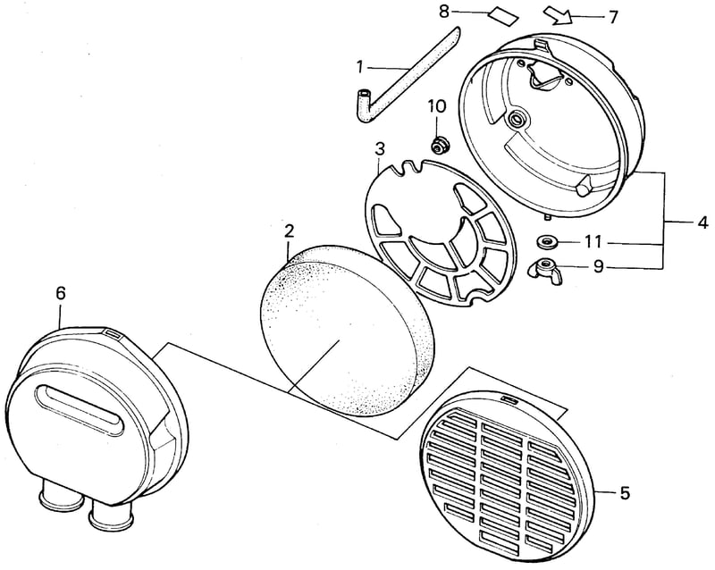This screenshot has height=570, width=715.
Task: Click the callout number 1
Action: click(360, 68)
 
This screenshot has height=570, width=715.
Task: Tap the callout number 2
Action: click(289, 231)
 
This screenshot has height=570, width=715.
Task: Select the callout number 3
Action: click(379, 148)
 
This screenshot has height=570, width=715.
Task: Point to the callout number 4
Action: click(702, 223)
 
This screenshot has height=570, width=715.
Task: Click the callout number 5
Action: click(624, 492)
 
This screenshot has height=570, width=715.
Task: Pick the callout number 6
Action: click(61, 293)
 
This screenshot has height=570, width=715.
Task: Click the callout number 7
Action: click(612, 17)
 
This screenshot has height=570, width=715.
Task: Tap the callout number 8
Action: click(444, 12)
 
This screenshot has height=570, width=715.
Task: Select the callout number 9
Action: click(599, 266)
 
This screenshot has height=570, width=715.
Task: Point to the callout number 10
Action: click(437, 106)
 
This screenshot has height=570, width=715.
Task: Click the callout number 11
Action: click(593, 242)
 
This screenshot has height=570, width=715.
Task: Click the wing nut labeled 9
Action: click(544, 267)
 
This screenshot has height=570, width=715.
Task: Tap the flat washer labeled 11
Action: click(546, 241)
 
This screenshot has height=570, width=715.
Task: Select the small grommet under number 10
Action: click(440, 145)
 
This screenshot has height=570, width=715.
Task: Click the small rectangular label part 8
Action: click(503, 17)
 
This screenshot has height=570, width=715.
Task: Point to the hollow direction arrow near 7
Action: click(558, 16)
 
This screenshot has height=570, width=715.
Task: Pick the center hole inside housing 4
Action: click(518, 121)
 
